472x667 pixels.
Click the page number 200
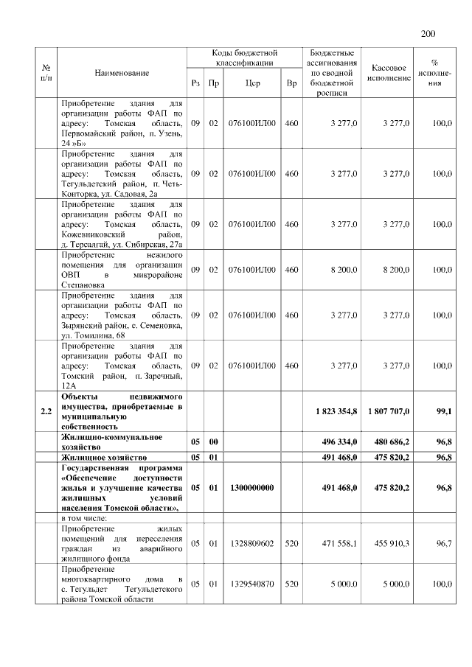pyautogui.click(x=429, y=33)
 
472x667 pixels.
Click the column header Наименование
pyautogui.click(x=122, y=73)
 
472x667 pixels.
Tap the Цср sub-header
pyautogui.click(x=252, y=83)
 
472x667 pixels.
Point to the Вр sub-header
pyautogui.click(x=291, y=83)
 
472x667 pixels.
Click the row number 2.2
pyautogui.click(x=46, y=411)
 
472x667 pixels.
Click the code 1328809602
pyautogui.click(x=252, y=542)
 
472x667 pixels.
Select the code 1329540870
pyautogui.click(x=252, y=583)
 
